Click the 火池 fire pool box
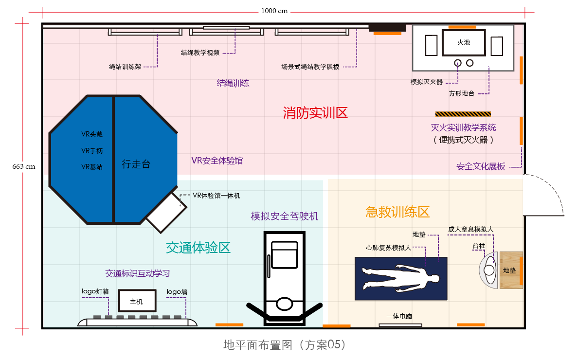click(x=464, y=43)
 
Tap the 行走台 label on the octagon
click(x=136, y=164)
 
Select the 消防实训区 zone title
click(x=315, y=113)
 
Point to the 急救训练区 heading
click(x=397, y=212)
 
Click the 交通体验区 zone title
click(x=198, y=248)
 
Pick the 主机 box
click(x=137, y=302)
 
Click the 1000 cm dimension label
click(x=274, y=11)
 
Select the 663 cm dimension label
click(x=24, y=166)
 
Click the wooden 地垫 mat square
click(x=510, y=270)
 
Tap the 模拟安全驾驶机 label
click(x=285, y=216)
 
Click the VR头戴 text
click(x=92, y=134)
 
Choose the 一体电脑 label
click(x=399, y=316)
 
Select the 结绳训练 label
click(x=233, y=83)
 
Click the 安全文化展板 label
click(x=481, y=166)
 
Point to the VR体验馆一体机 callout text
click(x=216, y=196)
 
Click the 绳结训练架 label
click(x=125, y=67)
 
